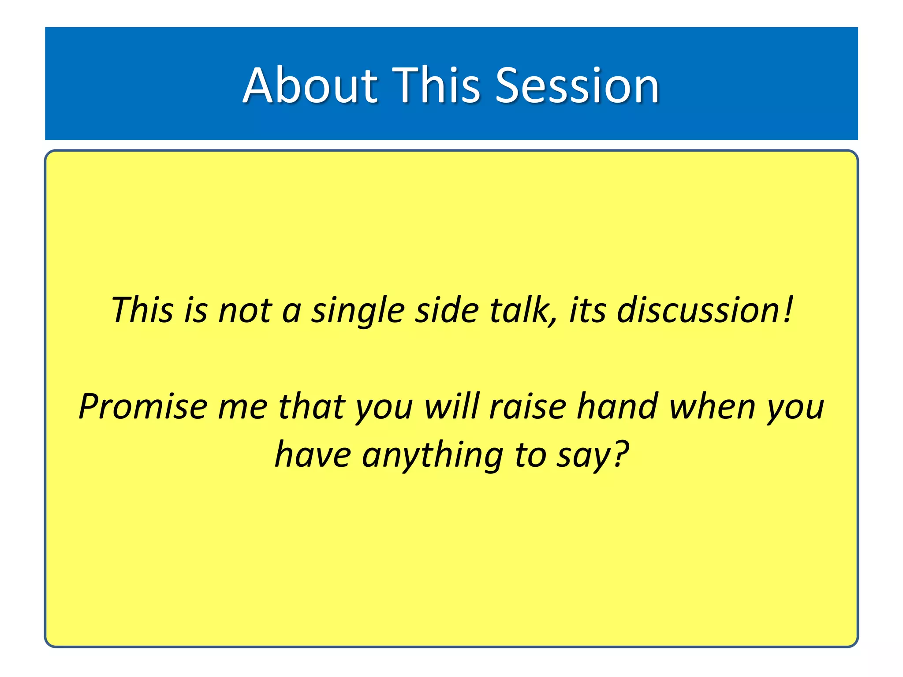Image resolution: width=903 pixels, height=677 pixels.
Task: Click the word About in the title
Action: click(x=310, y=86)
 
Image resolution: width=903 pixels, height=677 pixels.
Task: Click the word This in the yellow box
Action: click(x=142, y=310)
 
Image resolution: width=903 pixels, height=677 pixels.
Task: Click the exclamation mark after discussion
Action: click(x=789, y=310)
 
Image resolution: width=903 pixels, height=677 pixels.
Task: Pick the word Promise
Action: click(x=143, y=406)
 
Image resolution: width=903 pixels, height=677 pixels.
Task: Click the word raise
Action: click(x=528, y=406)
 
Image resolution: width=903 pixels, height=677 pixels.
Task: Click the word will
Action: click(x=451, y=406)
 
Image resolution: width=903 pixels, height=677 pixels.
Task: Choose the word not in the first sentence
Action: click(x=245, y=310)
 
